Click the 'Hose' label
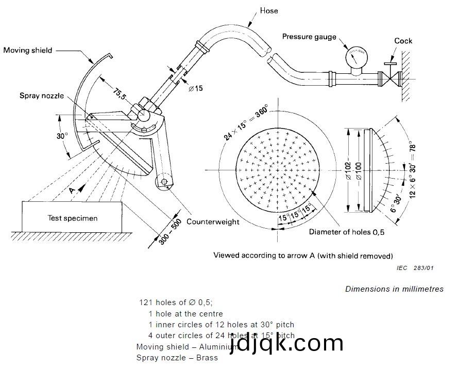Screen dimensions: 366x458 (269, 10)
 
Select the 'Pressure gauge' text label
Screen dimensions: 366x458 (309, 37)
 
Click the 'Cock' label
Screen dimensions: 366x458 (403, 41)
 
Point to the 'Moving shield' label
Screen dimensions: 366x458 (28, 50)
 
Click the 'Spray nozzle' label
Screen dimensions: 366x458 (42, 96)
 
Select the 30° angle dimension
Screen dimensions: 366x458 (62, 136)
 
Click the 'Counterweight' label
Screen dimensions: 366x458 (213, 221)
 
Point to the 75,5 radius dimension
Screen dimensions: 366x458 (120, 94)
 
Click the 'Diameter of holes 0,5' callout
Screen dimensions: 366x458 (346, 232)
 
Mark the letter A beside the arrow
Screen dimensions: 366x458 (72, 190)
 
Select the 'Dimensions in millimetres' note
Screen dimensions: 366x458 (394, 289)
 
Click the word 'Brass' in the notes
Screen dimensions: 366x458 (208, 357)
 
